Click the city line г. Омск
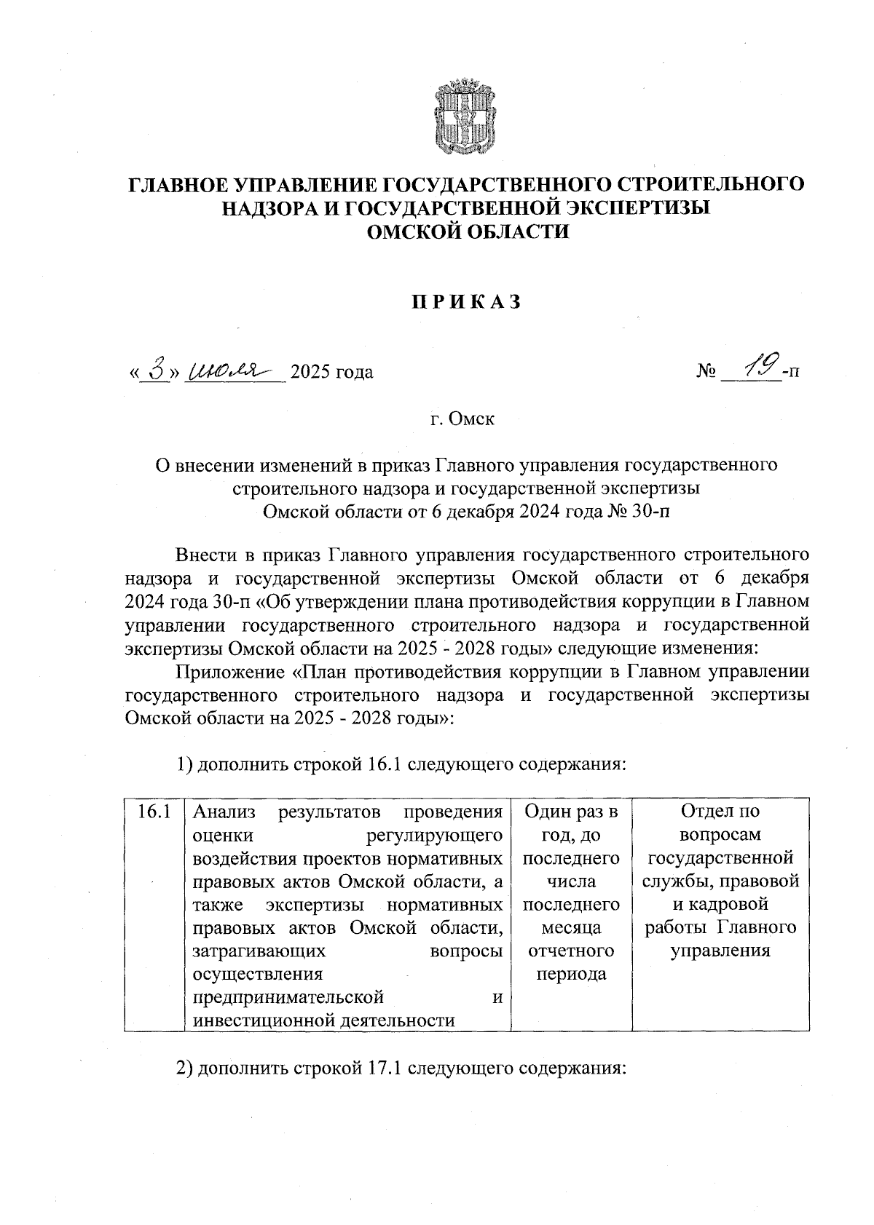(x=462, y=419)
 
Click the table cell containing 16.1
(x=154, y=812)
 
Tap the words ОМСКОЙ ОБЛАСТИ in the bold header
(x=467, y=231)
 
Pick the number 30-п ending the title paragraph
(x=645, y=510)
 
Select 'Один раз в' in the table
(x=571, y=812)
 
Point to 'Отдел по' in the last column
(x=720, y=812)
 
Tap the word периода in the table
(x=571, y=975)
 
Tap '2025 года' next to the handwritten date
(x=331, y=373)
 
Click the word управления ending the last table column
(x=720, y=951)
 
